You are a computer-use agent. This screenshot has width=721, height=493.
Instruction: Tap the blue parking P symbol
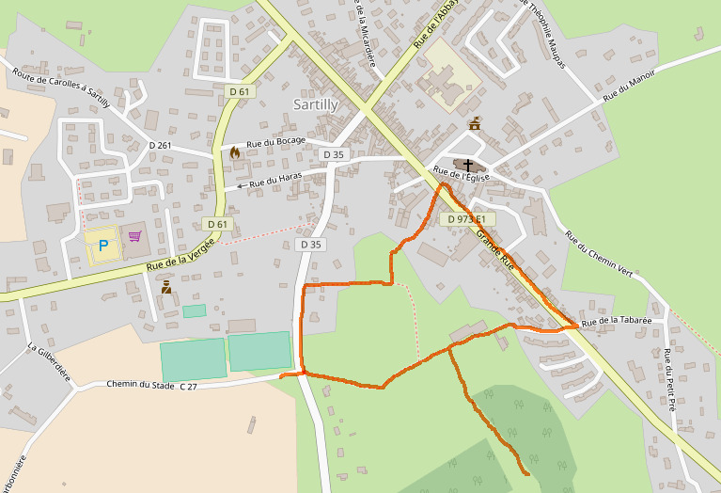tap(103, 246)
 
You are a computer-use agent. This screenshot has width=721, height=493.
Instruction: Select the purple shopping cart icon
tap(134, 237)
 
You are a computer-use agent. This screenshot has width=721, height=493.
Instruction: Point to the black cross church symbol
tap(467, 166)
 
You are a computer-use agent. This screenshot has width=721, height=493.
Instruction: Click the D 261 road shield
tap(160, 145)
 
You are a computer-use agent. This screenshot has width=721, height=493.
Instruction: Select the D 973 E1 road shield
tap(467, 218)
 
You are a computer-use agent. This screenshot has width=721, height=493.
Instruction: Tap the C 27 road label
tap(188, 386)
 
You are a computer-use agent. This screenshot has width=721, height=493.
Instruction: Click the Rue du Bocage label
tap(274, 144)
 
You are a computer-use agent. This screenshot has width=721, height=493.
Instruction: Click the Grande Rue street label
tap(494, 247)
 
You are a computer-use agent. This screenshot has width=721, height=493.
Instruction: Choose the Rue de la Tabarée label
tap(616, 322)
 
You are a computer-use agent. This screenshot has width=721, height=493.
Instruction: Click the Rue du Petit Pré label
tap(668, 380)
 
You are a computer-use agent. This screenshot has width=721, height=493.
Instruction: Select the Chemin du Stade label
tap(140, 384)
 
